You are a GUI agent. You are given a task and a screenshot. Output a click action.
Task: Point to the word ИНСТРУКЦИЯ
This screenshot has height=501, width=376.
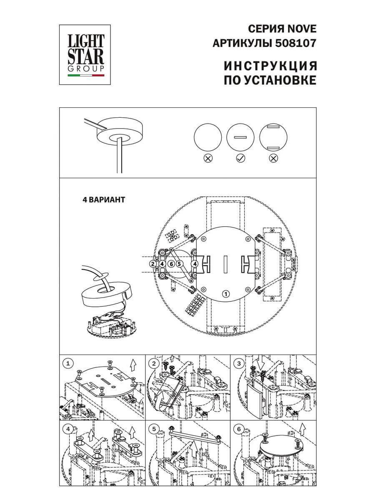point(271,66)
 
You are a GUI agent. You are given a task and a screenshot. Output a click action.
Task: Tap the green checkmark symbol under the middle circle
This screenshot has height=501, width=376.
point(240,158)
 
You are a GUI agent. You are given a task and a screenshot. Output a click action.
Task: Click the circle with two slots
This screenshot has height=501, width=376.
point(273,137)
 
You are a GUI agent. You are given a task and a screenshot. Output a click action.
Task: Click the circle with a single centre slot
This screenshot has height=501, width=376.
point(241,137)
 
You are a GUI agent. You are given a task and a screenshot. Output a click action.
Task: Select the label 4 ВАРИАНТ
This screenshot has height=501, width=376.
point(104,200)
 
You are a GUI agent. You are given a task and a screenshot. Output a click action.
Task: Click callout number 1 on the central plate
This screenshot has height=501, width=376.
point(226,294)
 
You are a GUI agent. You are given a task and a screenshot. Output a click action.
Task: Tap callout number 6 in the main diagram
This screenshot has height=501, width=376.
point(171,264)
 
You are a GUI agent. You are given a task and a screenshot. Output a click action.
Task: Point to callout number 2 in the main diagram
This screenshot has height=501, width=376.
point(153,264)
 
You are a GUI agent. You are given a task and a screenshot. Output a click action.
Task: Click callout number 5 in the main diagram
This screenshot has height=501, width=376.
point(179,264)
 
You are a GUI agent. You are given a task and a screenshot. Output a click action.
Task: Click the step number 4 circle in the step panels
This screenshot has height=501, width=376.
point(68,429)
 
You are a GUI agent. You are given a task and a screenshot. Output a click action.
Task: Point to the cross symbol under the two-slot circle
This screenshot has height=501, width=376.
point(273,158)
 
